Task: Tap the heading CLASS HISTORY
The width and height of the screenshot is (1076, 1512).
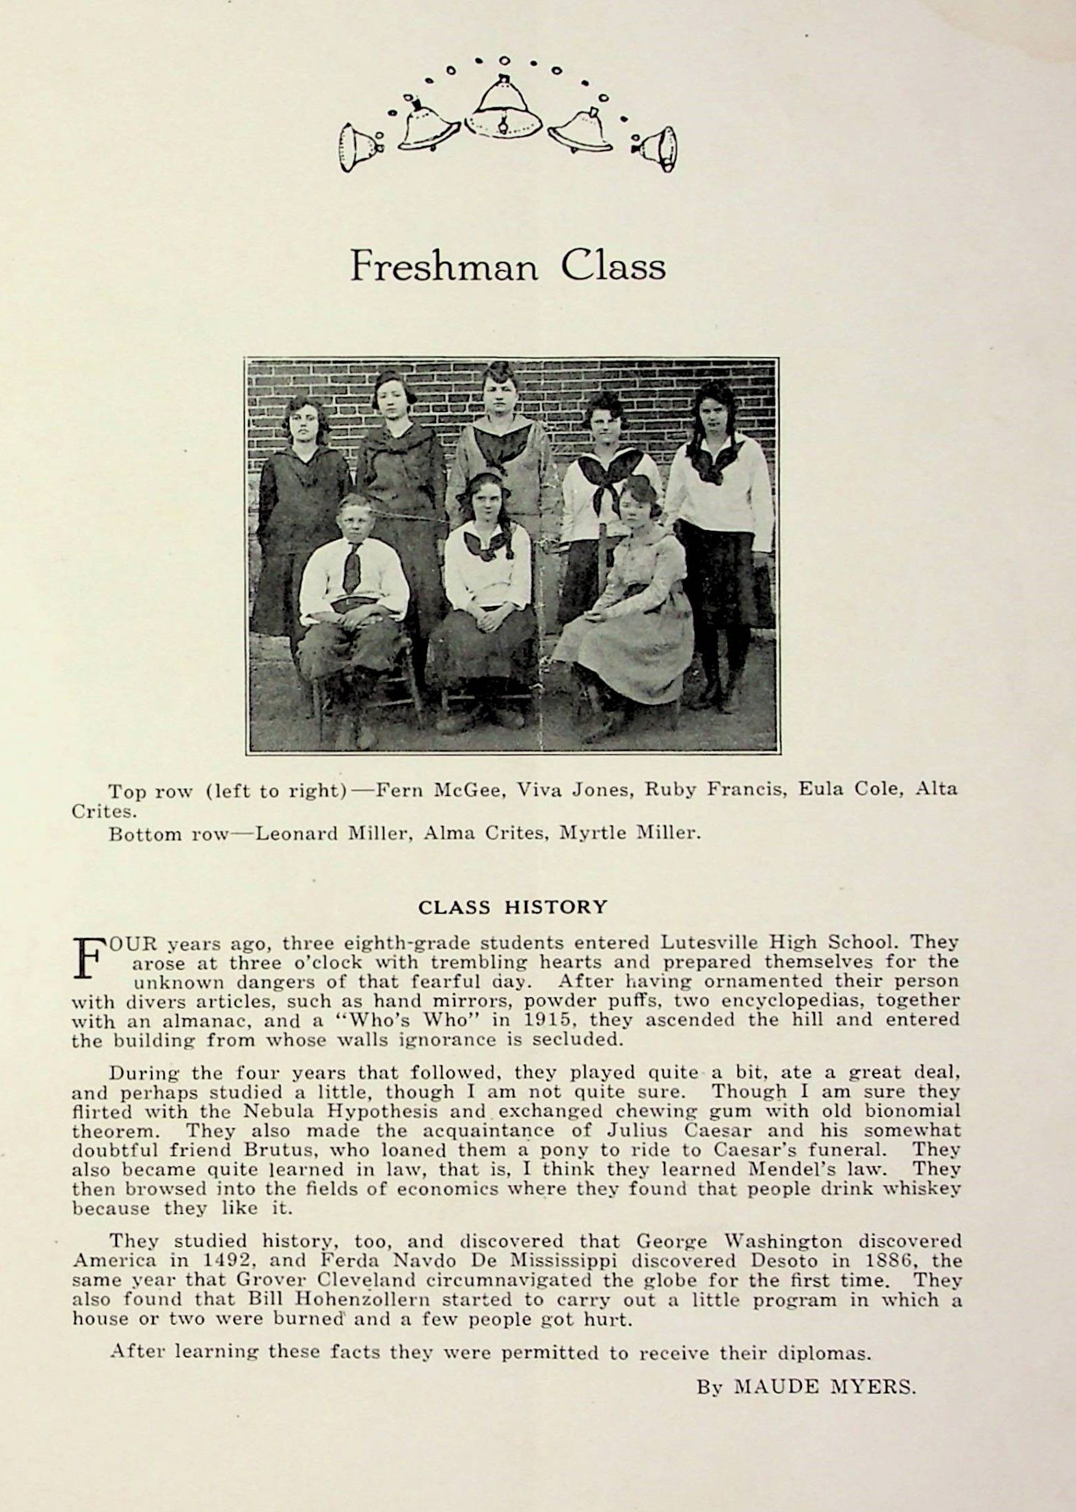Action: pyautogui.click(x=512, y=907)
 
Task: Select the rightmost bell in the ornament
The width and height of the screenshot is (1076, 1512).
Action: pyautogui.click(x=658, y=149)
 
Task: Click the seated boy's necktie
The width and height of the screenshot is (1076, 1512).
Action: pyautogui.click(x=352, y=566)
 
